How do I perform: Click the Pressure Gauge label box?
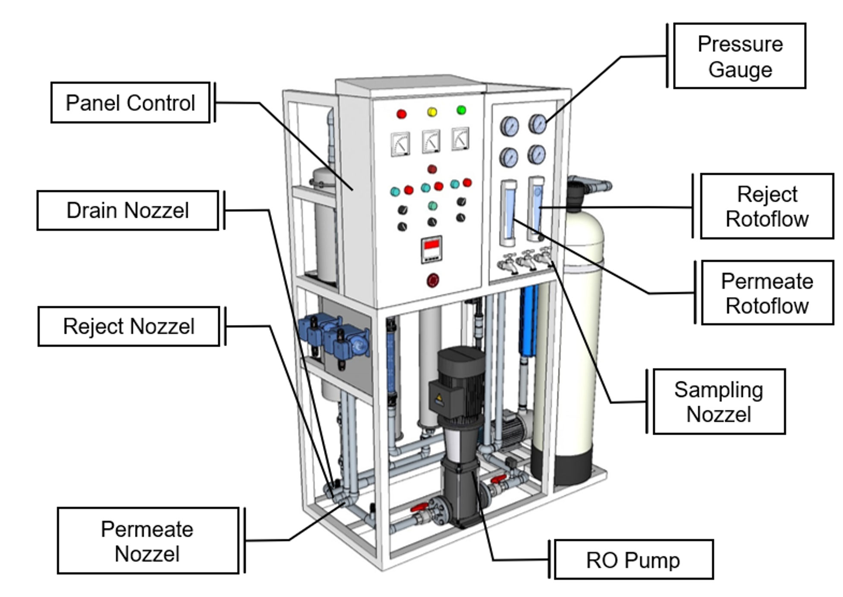point(739,56)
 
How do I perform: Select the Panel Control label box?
point(130,103)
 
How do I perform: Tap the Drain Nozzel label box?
point(128,211)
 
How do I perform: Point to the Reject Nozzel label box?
point(129,327)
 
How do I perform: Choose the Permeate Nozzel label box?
point(148,541)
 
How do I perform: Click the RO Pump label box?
point(633,560)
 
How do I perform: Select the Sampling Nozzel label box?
point(719,402)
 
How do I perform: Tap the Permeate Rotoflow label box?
point(767,293)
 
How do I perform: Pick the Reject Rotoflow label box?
point(767,206)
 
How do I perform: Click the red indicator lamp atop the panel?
point(401,114)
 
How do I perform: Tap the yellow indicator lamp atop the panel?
point(432,112)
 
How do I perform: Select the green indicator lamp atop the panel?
point(461,110)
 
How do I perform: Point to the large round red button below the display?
point(433,280)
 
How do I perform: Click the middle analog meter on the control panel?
point(431,141)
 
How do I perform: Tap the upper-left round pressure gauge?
point(510,126)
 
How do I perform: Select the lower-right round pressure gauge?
point(537,154)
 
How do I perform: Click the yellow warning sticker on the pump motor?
point(439,399)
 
